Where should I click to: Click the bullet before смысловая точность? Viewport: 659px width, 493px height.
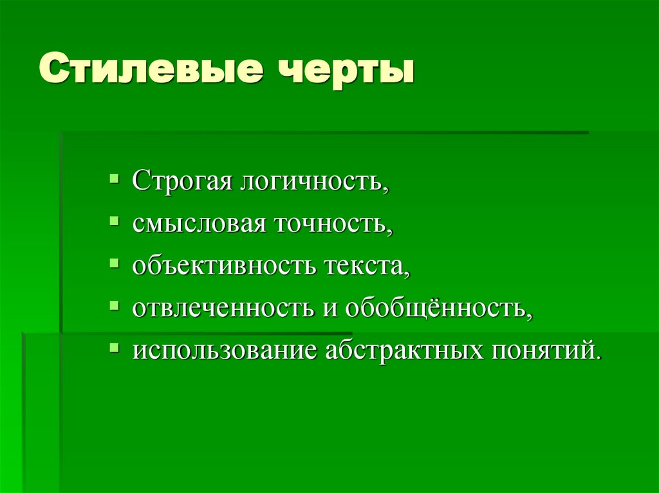[x=114, y=220]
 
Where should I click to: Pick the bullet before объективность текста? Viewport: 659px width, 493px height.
[x=114, y=262]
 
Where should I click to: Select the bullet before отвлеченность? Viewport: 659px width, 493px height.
[x=114, y=305]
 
